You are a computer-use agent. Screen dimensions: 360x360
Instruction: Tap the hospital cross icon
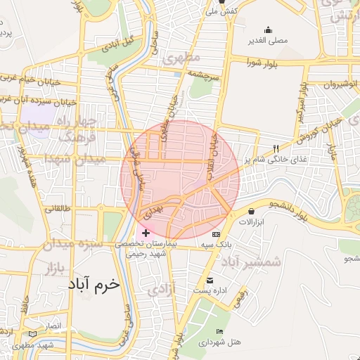[146, 233]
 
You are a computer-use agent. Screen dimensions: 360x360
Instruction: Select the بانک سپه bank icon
[215, 233]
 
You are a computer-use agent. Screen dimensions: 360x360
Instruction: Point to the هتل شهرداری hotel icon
[220, 332]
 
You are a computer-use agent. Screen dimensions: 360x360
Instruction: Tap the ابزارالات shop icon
[252, 211]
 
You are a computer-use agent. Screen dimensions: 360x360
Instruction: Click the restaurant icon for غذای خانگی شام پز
[276, 149]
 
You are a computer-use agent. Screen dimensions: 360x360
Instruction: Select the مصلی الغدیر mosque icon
[268, 30]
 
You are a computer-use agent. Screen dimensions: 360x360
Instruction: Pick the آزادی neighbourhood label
[161, 289]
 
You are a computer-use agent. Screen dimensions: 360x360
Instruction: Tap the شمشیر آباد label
[251, 262]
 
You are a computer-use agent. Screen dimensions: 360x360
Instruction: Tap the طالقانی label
[58, 209]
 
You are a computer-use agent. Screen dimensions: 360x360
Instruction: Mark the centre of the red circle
[180, 180]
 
